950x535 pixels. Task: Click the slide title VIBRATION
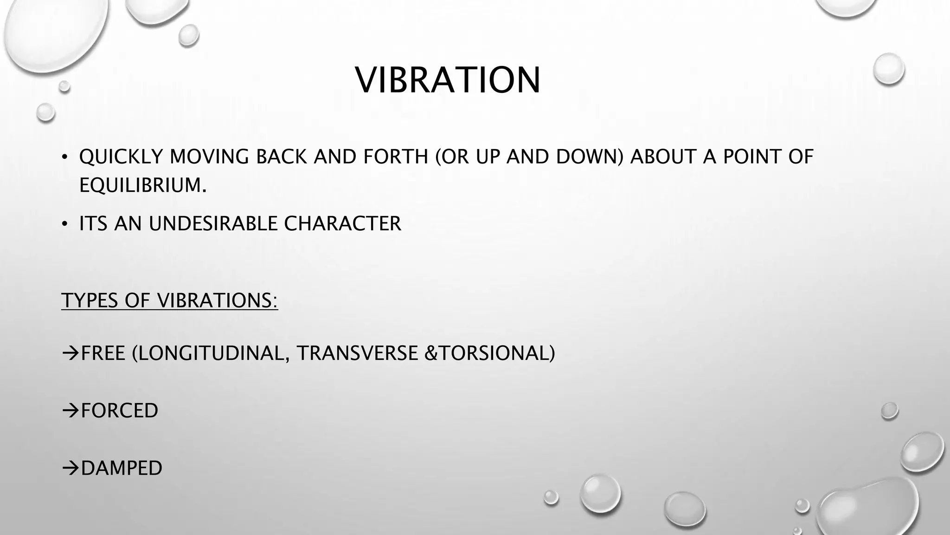(x=448, y=80)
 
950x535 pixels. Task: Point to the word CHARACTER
(x=342, y=224)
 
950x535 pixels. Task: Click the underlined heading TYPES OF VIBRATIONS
(x=169, y=300)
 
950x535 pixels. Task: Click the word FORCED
(x=119, y=411)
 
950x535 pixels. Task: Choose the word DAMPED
(x=122, y=468)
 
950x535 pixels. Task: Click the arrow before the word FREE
(x=70, y=354)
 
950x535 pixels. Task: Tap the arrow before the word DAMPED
(x=70, y=468)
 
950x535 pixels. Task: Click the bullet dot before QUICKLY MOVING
(x=65, y=157)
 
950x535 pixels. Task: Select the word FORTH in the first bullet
(x=395, y=157)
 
